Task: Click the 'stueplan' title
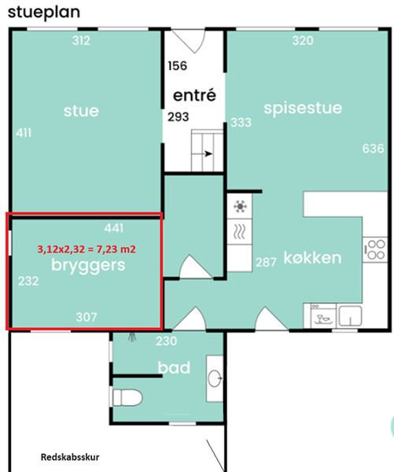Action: coord(44,13)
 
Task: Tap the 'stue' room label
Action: coord(81,111)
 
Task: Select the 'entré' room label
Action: coord(194,95)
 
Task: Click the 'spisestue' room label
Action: coord(303,109)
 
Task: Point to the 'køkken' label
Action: coord(312,258)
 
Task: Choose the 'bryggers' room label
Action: coord(88,266)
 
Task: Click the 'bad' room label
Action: coord(174,367)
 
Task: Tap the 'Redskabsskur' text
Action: coord(70,457)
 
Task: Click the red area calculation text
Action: coord(87,249)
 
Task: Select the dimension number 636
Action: coord(374,149)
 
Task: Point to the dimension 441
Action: coord(114,228)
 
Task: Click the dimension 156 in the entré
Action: coord(177,65)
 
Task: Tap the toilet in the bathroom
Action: coord(127,397)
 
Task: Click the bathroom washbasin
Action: coord(215,378)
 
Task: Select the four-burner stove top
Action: coord(375,249)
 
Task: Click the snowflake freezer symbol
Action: coord(240,206)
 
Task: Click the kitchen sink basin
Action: coord(350,316)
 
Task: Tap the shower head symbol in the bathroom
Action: coord(132,337)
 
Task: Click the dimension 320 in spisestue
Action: coord(303,40)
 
